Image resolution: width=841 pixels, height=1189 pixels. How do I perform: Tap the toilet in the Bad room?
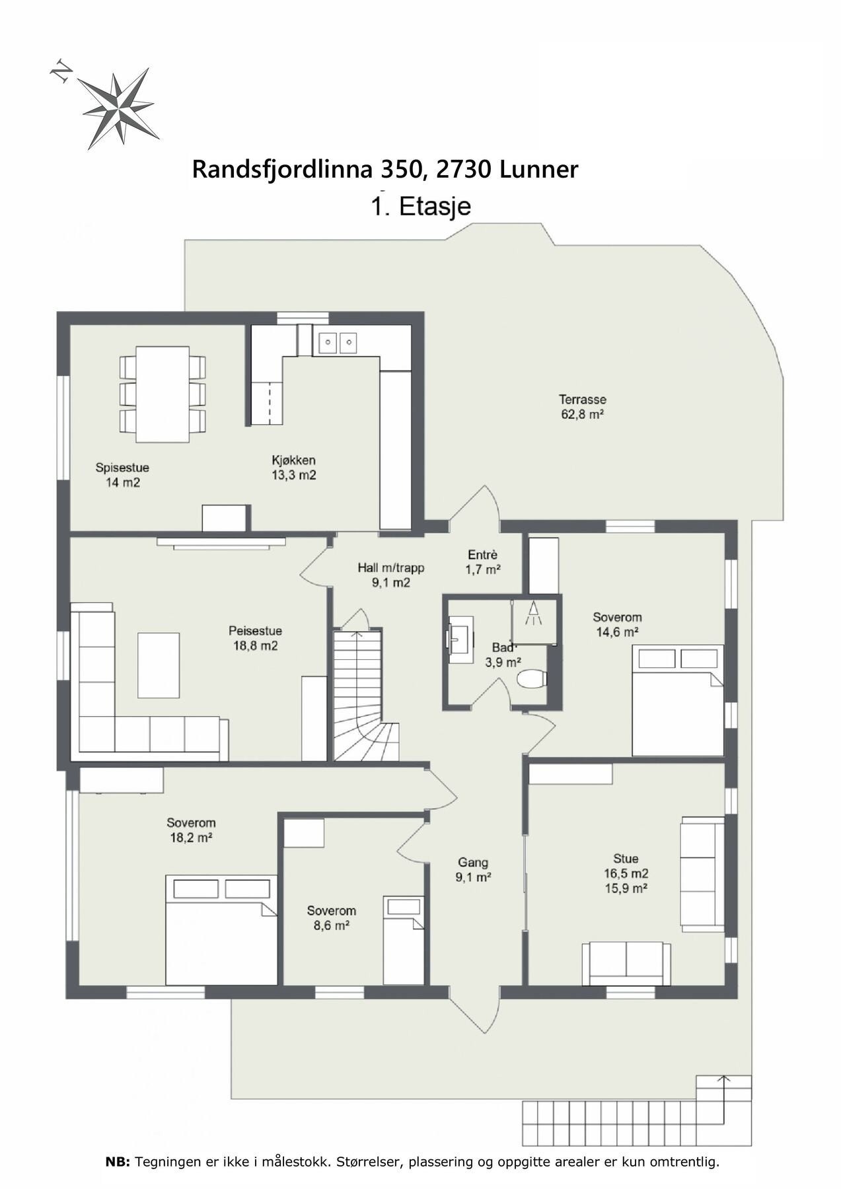pyautogui.click(x=531, y=678)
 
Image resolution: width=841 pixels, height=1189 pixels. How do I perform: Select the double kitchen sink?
pyautogui.click(x=338, y=342)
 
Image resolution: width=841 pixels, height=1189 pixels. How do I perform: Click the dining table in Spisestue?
pyautogui.click(x=163, y=394)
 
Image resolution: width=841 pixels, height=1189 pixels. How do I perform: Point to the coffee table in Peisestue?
pyautogui.click(x=159, y=665)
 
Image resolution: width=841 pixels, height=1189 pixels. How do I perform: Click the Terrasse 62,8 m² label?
pyautogui.click(x=582, y=407)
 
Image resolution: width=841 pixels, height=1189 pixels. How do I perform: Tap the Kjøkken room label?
pyautogui.click(x=294, y=468)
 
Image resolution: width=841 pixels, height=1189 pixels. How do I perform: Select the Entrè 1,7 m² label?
pyautogui.click(x=482, y=562)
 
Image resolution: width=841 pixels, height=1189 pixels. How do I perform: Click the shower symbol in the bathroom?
pyautogui.click(x=532, y=614)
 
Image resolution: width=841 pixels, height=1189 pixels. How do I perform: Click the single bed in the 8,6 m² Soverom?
pyautogui.click(x=403, y=940)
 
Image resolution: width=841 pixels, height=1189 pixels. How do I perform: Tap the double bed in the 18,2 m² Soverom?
pyautogui.click(x=221, y=930)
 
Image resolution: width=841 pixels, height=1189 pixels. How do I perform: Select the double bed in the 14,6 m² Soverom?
pyautogui.click(x=678, y=700)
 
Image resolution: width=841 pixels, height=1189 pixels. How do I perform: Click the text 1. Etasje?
pyautogui.click(x=421, y=206)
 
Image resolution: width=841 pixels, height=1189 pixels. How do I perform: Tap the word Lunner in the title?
pyautogui.click(x=539, y=169)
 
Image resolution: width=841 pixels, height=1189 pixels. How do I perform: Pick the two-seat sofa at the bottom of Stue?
pyautogui.click(x=626, y=964)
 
